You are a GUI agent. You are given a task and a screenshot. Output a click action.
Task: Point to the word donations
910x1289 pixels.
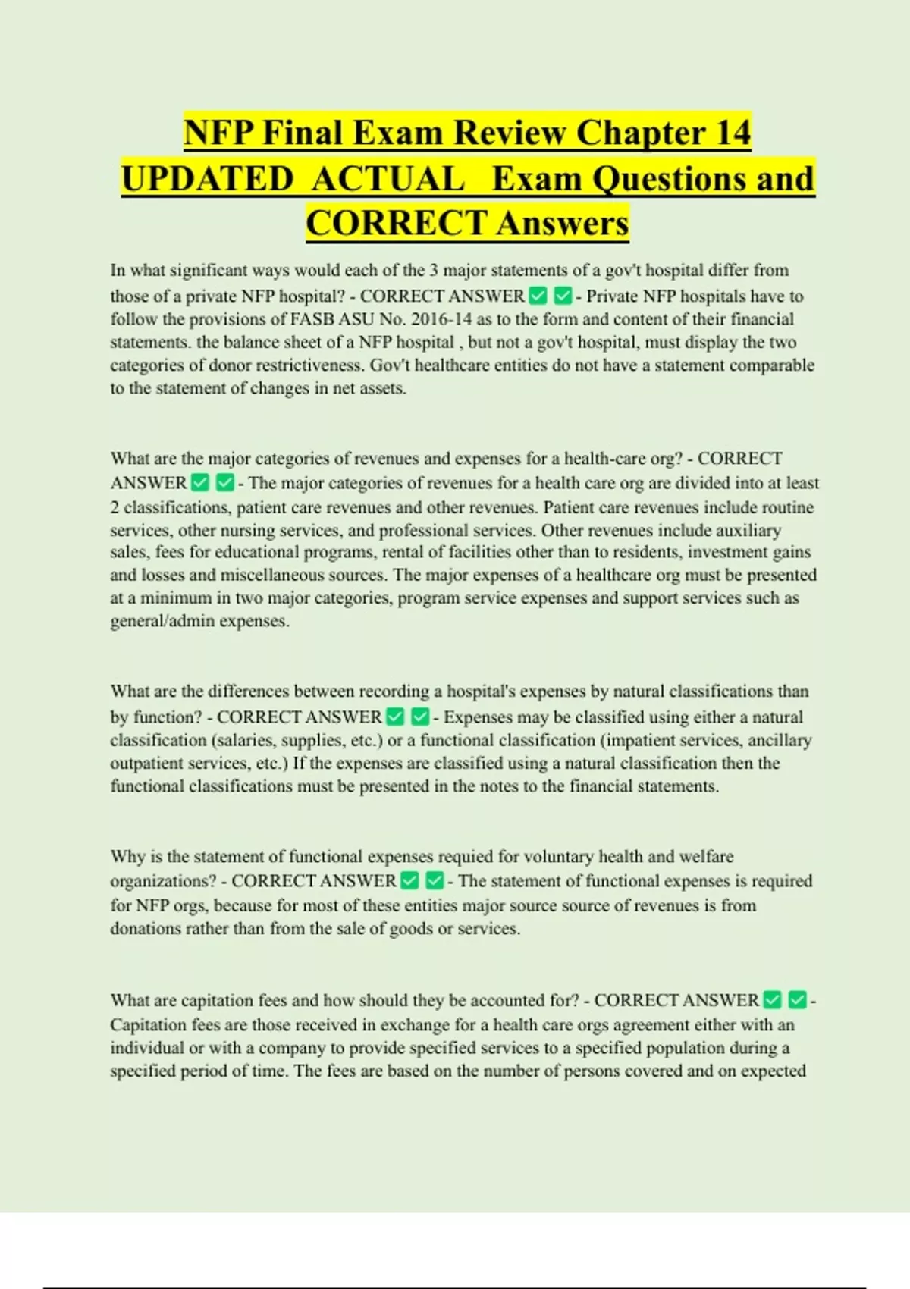tap(143, 929)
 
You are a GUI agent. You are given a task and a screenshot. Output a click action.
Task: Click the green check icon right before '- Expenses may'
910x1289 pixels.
tap(420, 717)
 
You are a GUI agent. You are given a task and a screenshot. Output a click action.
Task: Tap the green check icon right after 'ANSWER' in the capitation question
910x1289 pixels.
tap(772, 1000)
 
